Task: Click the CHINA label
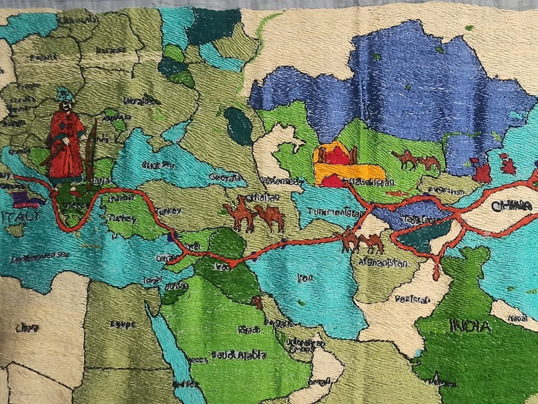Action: (511, 206)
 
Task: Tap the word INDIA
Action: (470, 326)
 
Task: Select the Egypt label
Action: (122, 324)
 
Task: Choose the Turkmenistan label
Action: (338, 213)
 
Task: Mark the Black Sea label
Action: (159, 165)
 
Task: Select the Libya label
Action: (27, 327)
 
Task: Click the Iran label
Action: (304, 278)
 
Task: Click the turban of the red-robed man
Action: (64, 95)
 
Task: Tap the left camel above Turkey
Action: (239, 213)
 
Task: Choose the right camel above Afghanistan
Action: (372, 242)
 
